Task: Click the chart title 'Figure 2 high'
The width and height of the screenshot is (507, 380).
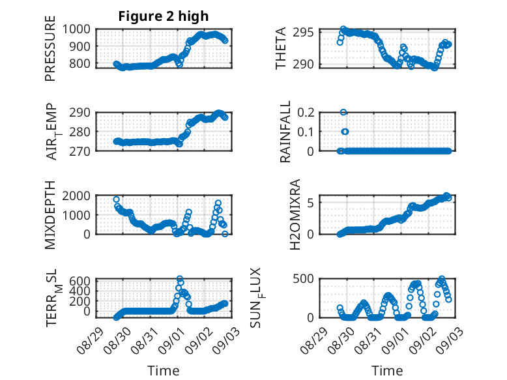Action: point(164,16)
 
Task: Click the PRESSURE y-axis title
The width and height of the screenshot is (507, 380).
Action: point(50,48)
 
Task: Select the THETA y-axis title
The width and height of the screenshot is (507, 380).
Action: point(281,48)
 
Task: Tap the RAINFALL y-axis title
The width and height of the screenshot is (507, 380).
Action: point(285,132)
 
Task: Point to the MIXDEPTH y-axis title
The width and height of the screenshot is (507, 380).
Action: point(50,214)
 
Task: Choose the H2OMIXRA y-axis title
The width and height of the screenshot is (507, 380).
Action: point(295,214)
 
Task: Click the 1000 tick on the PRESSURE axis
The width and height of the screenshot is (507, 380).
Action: point(76,29)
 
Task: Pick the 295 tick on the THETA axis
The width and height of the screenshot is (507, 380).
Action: point(303,33)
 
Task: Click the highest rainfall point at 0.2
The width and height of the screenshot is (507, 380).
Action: point(343,112)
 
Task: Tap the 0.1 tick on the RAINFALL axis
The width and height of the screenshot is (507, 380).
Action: point(306,132)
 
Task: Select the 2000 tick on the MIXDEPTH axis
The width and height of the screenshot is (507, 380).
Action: point(76,196)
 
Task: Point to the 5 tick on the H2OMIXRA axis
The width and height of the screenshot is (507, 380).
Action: point(310,203)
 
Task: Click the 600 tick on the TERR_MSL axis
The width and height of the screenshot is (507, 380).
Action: point(80,280)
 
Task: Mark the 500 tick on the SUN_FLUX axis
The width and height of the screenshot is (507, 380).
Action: point(303,278)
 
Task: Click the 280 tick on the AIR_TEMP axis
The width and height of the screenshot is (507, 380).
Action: point(80,132)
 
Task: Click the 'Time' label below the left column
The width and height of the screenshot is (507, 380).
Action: point(164,370)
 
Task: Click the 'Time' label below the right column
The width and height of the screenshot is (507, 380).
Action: point(387,370)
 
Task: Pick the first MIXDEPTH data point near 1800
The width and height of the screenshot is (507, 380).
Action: point(117,199)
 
